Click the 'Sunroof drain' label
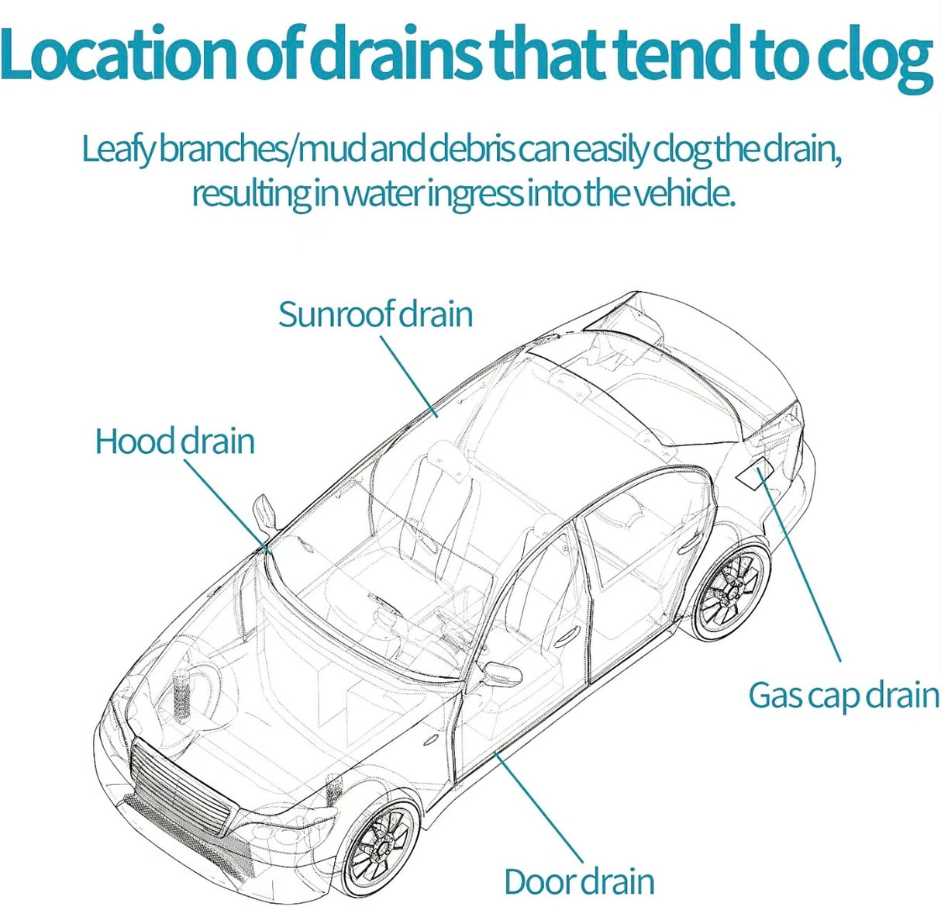[x=375, y=314]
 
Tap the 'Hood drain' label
[x=175, y=441]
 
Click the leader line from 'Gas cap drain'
[x=799, y=565]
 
